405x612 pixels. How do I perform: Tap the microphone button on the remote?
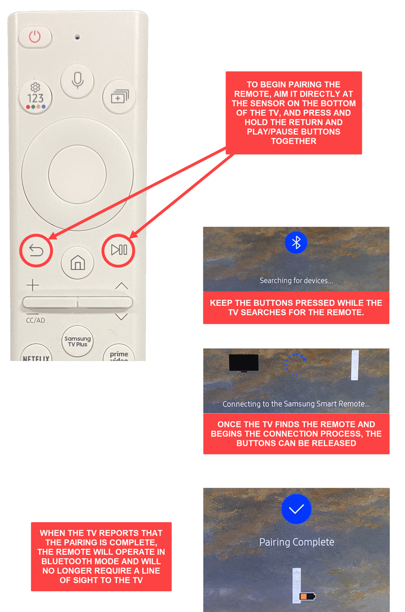tap(77, 81)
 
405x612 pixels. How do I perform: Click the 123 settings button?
tap(35, 97)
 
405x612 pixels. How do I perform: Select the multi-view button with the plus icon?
tap(119, 96)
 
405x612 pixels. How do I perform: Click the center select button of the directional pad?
tap(77, 174)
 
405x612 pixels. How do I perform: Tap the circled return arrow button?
tap(36, 251)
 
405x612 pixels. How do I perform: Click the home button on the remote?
tap(77, 263)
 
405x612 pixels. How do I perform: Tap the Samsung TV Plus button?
tap(77, 341)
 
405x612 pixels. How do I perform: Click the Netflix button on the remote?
tap(36, 355)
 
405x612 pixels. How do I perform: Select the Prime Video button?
tap(119, 355)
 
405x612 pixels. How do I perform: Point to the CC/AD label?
tap(35, 320)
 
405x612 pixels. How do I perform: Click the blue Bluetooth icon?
tap(296, 243)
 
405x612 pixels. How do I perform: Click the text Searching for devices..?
tap(296, 281)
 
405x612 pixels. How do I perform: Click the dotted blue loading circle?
tap(296, 364)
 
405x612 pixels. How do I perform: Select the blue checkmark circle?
tap(296, 509)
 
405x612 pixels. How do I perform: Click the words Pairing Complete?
tap(296, 542)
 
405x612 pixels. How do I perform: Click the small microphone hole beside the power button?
tap(77, 37)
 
